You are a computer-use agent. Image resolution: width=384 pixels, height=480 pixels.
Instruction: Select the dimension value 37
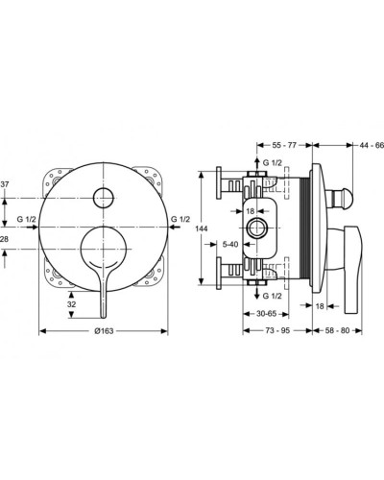(x=5, y=184)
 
